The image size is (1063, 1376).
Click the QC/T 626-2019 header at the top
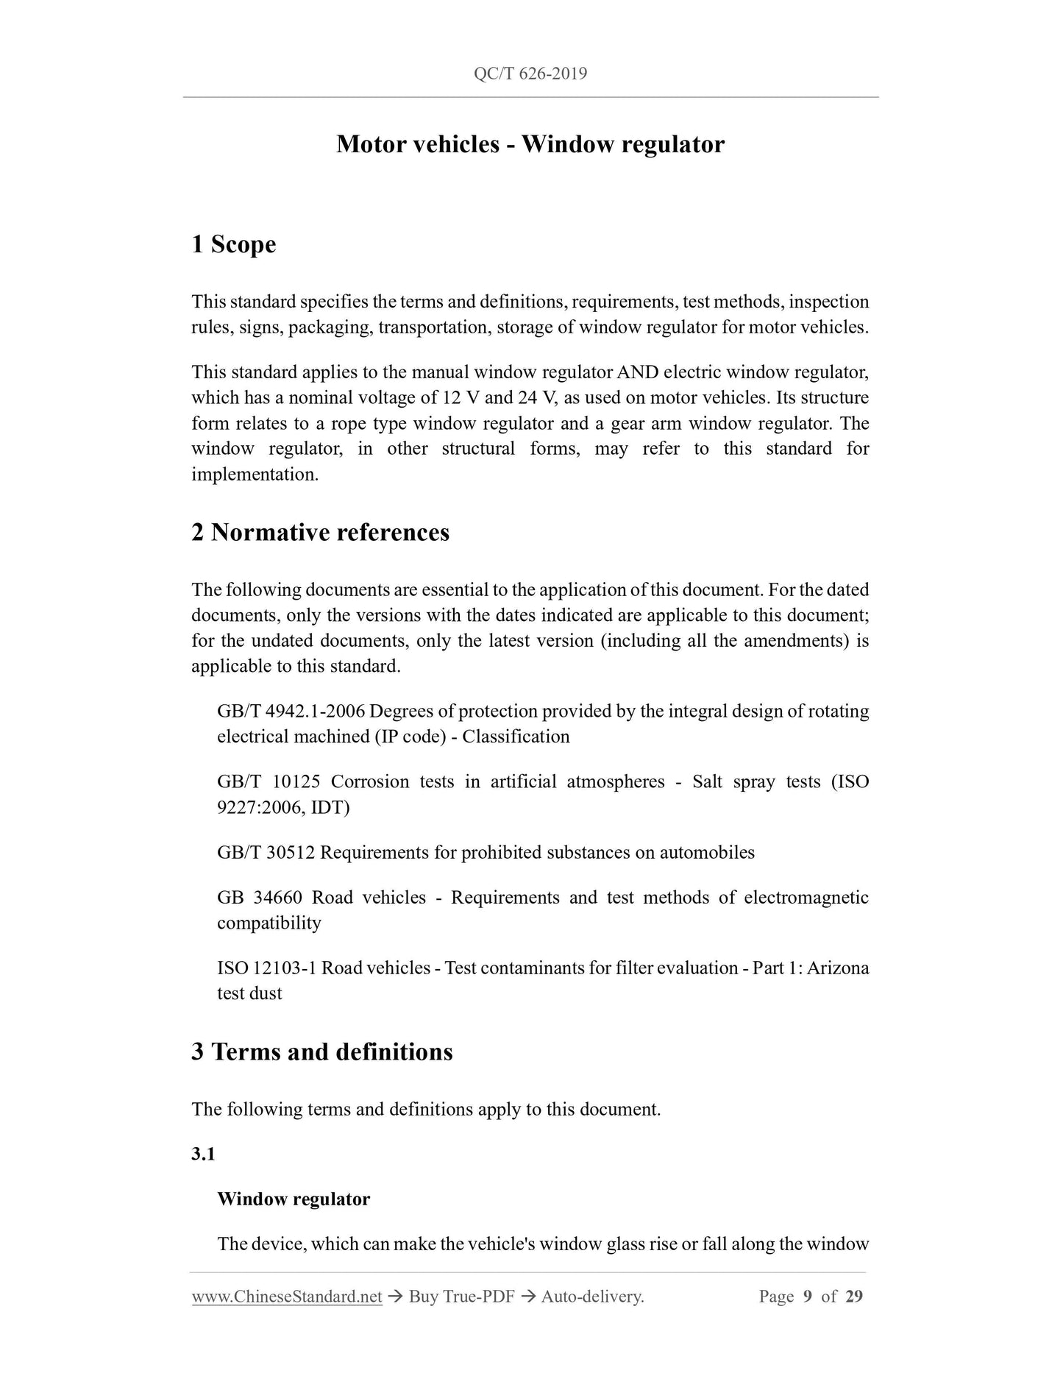530,74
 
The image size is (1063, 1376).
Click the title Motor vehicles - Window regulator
530,144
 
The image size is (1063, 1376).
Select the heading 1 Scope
233,244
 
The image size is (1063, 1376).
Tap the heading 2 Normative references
320,532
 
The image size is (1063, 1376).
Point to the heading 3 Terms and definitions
321,1051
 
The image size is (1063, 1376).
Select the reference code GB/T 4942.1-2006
291,712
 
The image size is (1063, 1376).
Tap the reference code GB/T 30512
266,852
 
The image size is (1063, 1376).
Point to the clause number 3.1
203,1154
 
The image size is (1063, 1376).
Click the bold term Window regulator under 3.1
294,1199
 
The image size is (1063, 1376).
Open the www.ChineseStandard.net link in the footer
286,1297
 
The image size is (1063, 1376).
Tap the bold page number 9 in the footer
807,1297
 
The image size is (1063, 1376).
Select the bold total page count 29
853,1297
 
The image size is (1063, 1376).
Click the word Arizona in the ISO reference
838,968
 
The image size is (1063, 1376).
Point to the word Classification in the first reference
516,737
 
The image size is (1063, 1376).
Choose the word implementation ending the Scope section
255,475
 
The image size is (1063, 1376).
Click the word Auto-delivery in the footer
591,1297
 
